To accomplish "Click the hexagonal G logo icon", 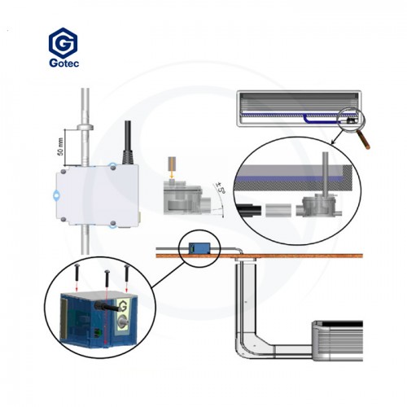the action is tap(63, 42).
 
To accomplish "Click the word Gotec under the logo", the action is tap(64, 63).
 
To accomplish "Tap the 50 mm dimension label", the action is tap(61, 147).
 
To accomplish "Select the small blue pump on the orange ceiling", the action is tap(199, 248).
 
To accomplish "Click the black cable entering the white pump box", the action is tap(128, 142).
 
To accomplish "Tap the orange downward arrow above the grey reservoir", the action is tap(172, 175).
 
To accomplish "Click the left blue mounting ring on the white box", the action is tap(56, 195).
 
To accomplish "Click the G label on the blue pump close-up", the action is tap(123, 308).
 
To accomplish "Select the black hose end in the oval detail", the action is tap(248, 210).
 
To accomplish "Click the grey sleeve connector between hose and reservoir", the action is tap(278, 210).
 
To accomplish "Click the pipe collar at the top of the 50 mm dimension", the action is tap(85, 127).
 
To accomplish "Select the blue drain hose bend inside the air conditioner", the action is tap(306, 119).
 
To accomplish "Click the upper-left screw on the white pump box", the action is tap(63, 172).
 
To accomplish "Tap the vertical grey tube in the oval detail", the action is tap(325, 173).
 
